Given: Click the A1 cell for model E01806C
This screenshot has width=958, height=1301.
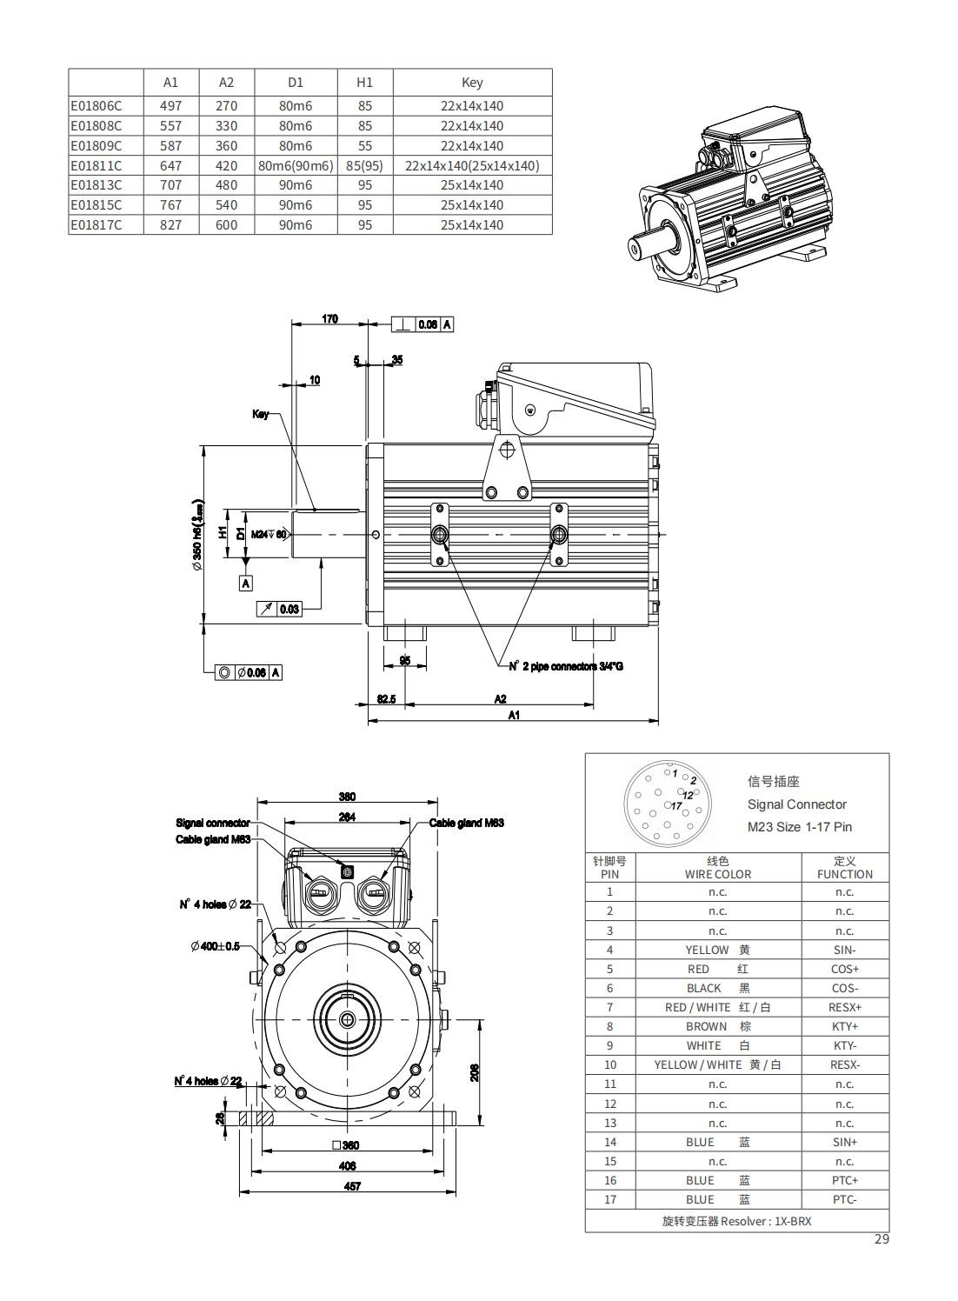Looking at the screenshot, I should (x=170, y=106).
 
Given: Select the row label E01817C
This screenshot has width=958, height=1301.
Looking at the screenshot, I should (x=96, y=225).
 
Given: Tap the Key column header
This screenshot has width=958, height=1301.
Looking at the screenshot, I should (x=472, y=83).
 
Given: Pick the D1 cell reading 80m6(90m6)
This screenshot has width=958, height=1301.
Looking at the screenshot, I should (x=296, y=165).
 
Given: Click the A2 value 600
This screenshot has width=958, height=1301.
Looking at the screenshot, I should (x=226, y=225).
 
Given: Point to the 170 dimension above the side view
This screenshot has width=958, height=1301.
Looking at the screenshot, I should (x=330, y=319).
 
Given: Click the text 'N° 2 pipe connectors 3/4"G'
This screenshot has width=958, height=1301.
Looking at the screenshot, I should (x=566, y=666).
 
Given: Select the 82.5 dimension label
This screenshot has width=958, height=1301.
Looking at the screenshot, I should (x=386, y=698).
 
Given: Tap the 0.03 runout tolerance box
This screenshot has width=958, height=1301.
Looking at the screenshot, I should (x=289, y=609).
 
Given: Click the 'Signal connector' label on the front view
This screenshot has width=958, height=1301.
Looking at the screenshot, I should (x=213, y=823).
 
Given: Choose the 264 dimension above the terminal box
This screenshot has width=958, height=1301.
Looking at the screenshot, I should (x=347, y=817).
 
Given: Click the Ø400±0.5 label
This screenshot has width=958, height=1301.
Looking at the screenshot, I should (x=215, y=946).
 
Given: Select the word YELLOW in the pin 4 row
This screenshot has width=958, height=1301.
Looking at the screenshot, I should (x=707, y=950).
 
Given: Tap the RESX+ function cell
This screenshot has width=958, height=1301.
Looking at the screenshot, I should (x=844, y=1007).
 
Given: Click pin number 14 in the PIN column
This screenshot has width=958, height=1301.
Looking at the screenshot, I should (x=610, y=1142).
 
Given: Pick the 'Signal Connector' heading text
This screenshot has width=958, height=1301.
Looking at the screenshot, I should (x=796, y=804).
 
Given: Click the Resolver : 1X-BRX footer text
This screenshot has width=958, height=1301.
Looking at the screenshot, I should (x=736, y=1221).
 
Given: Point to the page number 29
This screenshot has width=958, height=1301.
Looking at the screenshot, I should (x=881, y=1239).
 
